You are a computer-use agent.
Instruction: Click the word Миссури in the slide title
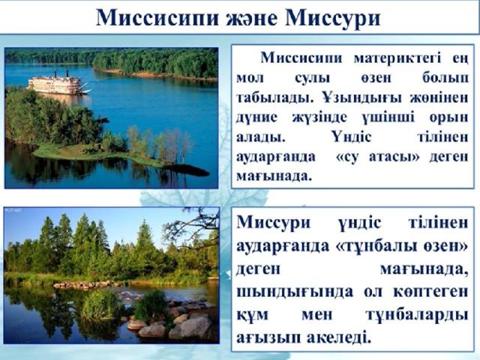(333, 18)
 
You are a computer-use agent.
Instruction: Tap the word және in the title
(252, 19)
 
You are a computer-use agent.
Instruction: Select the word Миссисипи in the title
(157, 18)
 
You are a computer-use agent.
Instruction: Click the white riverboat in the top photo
(59, 84)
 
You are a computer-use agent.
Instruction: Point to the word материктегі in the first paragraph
(397, 58)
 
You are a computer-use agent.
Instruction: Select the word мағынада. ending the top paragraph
(274, 177)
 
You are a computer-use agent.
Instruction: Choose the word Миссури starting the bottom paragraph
(273, 222)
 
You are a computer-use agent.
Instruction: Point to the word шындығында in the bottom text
(295, 292)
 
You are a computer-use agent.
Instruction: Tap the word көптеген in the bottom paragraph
(430, 292)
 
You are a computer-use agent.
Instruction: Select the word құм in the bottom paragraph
(252, 315)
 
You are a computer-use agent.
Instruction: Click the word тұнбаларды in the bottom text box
(417, 315)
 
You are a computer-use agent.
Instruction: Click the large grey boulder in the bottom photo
(195, 327)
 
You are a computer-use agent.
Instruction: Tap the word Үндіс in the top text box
(351, 136)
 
